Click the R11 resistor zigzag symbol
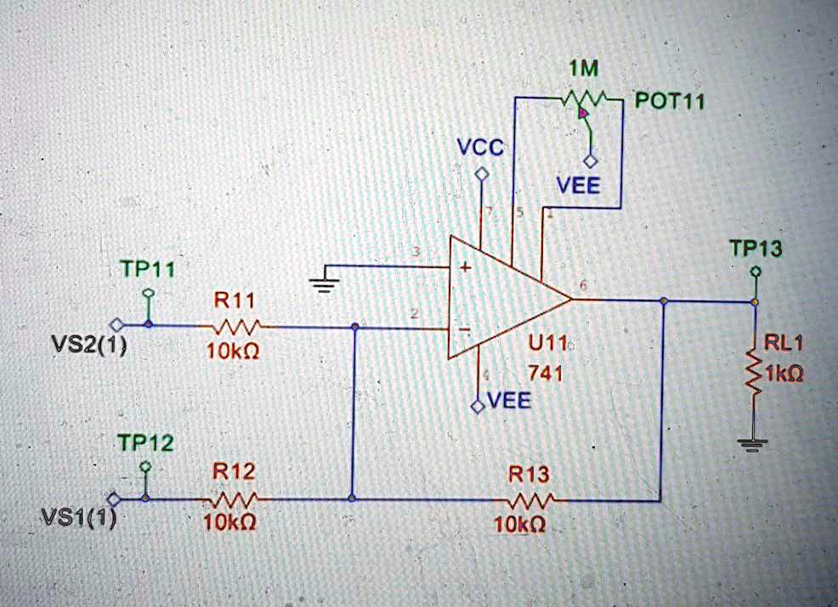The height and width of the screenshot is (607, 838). (240, 327)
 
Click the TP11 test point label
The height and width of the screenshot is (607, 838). (147, 269)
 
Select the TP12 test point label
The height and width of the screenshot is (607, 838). (145, 443)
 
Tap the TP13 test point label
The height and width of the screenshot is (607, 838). (756, 249)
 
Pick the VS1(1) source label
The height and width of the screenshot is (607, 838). (77, 518)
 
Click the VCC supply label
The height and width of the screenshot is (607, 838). (481, 148)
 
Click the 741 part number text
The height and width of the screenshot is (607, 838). (545, 373)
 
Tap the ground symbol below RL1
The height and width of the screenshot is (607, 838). (753, 442)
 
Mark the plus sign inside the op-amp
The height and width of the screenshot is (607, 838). (465, 267)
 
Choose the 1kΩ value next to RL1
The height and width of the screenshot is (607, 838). (785, 374)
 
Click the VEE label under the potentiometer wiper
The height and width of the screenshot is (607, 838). (578, 185)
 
